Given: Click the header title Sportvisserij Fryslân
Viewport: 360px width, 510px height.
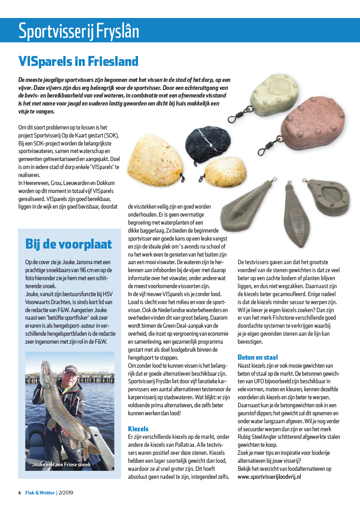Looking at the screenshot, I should point(79,31).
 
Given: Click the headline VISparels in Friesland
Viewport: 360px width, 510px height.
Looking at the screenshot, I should point(78,61).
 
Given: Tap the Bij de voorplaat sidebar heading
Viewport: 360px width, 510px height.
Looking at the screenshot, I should point(68,244).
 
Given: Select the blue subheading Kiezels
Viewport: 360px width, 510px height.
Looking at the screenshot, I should point(138,428).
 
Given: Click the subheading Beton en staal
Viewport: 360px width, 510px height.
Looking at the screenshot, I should point(258,357).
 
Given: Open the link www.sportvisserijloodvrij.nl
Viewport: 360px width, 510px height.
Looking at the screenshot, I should point(269,476).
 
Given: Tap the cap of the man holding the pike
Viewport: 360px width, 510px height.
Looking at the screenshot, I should point(70,369).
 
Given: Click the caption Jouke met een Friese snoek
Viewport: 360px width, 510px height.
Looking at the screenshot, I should point(61,464).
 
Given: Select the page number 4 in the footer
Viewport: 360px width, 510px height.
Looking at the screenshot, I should point(19,492).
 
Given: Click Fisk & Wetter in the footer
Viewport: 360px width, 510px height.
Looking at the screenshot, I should point(40,492).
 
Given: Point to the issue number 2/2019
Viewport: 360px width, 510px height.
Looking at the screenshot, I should point(66,492).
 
